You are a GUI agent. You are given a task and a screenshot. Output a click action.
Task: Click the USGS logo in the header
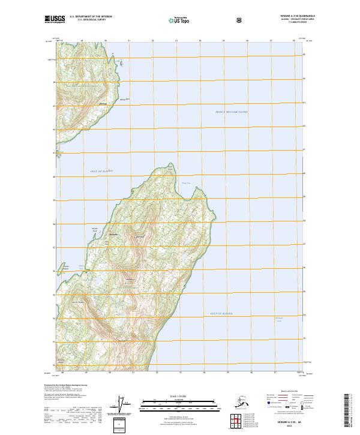pos(54,19)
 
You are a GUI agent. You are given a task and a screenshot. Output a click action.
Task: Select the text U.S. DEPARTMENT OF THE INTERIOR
pos(91,17)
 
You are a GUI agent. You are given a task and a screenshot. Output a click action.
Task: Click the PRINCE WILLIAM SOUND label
pos(231,112)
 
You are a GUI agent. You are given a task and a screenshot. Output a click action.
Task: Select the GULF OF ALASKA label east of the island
pos(221,313)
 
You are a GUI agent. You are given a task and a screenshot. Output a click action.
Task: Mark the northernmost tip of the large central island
pos(170,164)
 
